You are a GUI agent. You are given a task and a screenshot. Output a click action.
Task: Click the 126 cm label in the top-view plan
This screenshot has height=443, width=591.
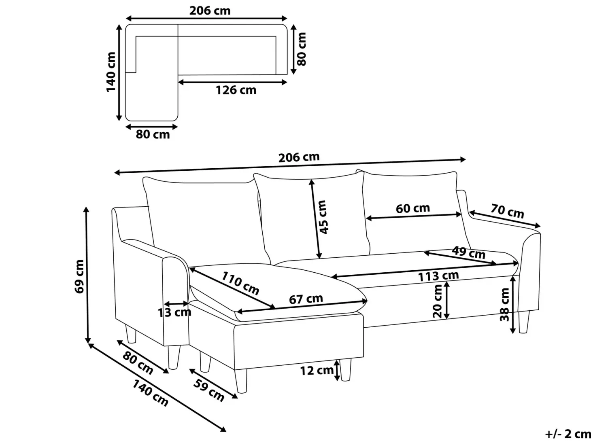[x=236, y=90]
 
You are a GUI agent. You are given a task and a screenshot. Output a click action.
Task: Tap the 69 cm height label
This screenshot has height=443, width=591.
[x=79, y=276]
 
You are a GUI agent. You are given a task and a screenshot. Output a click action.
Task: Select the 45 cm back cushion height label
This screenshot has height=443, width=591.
[x=323, y=217]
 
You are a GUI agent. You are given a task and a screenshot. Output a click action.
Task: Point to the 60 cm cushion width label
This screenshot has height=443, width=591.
[x=413, y=208]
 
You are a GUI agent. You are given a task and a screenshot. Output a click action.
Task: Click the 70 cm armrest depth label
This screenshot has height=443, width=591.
[x=507, y=212]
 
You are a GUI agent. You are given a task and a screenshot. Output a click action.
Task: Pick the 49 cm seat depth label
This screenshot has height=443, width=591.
[x=468, y=252]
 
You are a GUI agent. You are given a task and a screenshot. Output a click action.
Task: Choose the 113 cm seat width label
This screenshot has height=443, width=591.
[x=438, y=276]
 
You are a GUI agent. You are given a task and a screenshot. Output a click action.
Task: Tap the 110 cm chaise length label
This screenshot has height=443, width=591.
[x=240, y=283]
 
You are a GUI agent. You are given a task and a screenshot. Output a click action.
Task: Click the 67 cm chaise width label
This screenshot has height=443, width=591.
[x=306, y=299]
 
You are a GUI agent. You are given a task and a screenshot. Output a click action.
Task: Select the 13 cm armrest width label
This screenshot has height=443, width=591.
[x=174, y=313]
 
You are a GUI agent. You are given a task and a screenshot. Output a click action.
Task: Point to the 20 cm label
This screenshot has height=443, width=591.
[x=438, y=301]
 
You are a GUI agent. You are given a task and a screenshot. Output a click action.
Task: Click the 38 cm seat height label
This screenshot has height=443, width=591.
[x=504, y=305]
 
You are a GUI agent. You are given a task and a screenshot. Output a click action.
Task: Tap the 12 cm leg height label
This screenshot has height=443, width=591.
[x=317, y=370]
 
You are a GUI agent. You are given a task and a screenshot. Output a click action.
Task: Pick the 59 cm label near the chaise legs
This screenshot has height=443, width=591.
[x=208, y=390]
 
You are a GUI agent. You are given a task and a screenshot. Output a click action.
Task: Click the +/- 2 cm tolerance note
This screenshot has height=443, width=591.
[x=568, y=434]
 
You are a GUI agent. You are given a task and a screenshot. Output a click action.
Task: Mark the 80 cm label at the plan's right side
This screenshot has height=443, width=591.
[x=302, y=49]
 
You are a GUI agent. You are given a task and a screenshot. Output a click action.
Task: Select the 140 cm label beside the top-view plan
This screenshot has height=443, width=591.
[x=111, y=72]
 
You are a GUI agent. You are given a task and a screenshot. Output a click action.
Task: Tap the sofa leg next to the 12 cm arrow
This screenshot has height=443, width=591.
[x=345, y=370]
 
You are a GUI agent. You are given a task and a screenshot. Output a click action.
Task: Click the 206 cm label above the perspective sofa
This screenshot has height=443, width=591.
[x=299, y=158]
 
